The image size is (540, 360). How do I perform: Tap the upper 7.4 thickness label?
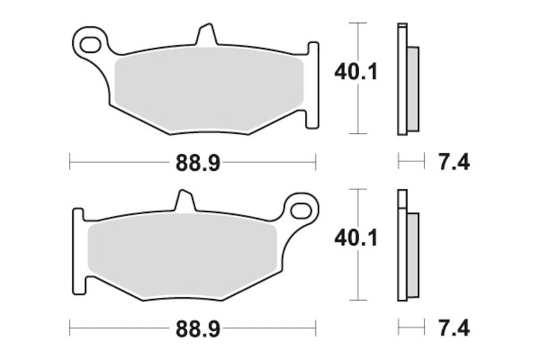click(454, 162)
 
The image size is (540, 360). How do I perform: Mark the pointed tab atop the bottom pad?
click(184, 201)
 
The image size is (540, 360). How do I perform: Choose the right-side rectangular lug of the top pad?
click(313, 84)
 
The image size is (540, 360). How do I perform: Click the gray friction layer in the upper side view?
click(412, 88)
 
